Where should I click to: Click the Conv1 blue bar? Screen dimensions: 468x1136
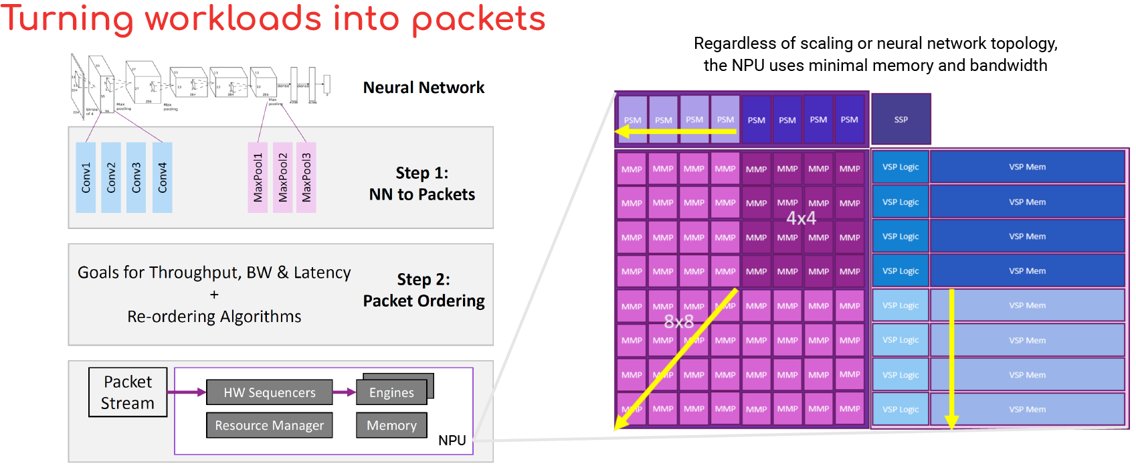pyautogui.click(x=86, y=177)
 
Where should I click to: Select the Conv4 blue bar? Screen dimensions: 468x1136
pyautogui.click(x=162, y=177)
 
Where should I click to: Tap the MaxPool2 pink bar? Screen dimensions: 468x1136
pyautogui.click(x=282, y=177)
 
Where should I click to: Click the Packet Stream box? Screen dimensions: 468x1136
pyautogui.click(x=128, y=392)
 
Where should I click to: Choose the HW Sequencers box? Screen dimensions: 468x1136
pyautogui.click(x=269, y=392)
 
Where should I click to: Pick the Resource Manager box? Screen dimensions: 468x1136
pyautogui.click(x=269, y=425)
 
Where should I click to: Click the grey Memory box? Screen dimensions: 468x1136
pyautogui.click(x=391, y=425)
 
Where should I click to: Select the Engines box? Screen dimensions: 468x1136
pyautogui.click(x=391, y=392)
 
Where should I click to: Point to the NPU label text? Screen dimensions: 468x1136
pyautogui.click(x=452, y=441)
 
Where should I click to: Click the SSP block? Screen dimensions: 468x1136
pyautogui.click(x=901, y=119)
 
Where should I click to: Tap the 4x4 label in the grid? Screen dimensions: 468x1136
pyautogui.click(x=801, y=218)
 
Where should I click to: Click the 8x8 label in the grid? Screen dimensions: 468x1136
pyautogui.click(x=678, y=322)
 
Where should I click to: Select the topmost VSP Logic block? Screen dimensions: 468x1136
pyautogui.click(x=900, y=167)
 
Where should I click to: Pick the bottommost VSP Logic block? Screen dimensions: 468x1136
pyautogui.click(x=900, y=409)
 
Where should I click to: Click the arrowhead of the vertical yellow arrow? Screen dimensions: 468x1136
pyautogui.click(x=951, y=422)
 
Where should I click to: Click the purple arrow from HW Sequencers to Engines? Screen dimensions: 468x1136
pyautogui.click(x=344, y=392)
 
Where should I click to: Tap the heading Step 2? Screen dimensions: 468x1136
pyautogui.click(x=423, y=279)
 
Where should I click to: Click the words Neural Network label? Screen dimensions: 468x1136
pyautogui.click(x=423, y=88)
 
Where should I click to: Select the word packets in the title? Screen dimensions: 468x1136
pyautogui.click(x=478, y=19)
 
